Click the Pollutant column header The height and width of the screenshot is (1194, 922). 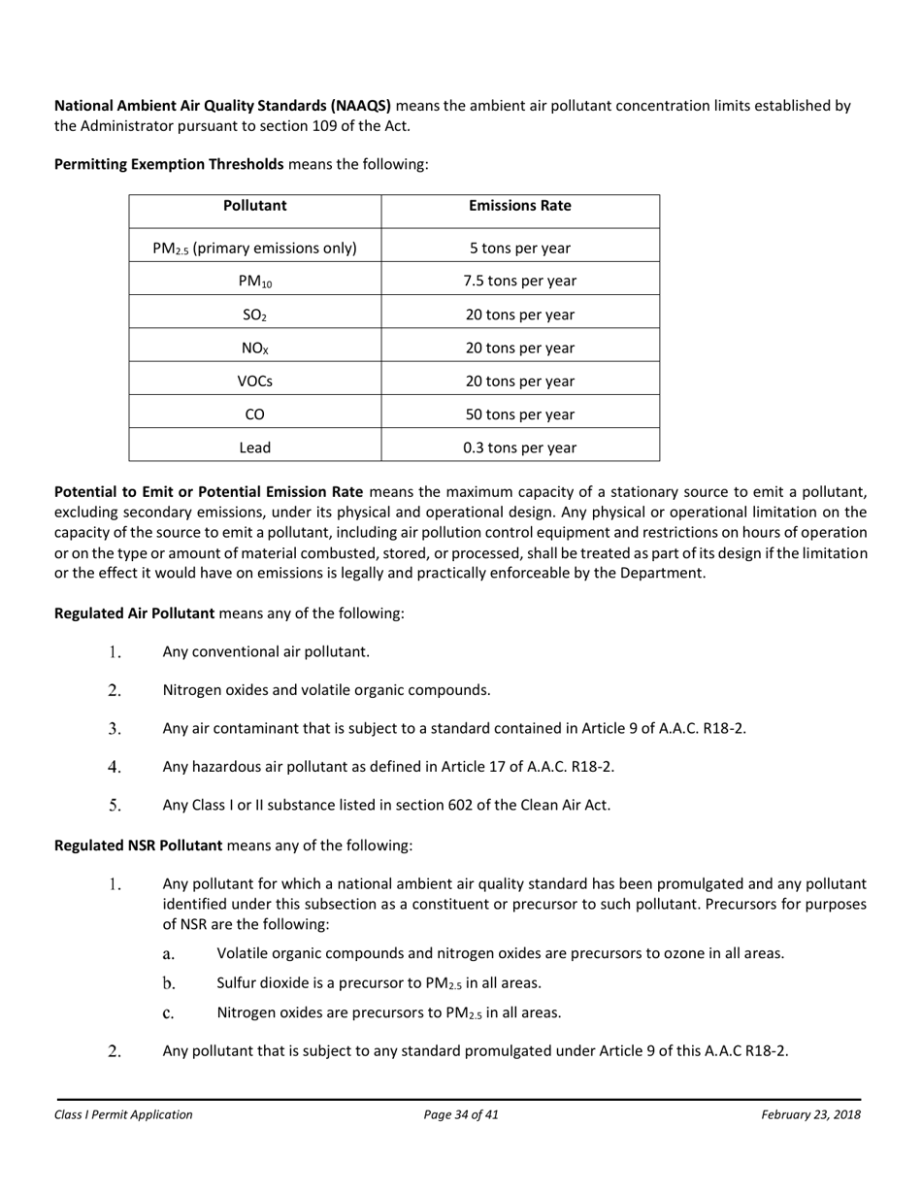tap(254, 206)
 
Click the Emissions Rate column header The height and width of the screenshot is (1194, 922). tap(519, 206)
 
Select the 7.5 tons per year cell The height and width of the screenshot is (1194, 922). tap(519, 282)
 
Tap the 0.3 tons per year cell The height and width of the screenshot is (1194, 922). tap(519, 448)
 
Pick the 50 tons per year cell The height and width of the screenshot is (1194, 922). tap(519, 415)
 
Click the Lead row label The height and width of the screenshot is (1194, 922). tap(254, 448)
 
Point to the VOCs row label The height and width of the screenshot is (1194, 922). tap(254, 381)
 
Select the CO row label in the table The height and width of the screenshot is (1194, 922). tap(254, 415)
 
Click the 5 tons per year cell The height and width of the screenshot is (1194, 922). tap(519, 249)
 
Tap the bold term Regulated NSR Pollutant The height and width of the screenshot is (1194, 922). tap(138, 846)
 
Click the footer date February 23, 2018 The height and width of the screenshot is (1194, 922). tap(810, 1114)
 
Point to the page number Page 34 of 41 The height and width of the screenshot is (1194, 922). tap(461, 1114)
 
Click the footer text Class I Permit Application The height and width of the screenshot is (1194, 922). tap(123, 1114)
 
